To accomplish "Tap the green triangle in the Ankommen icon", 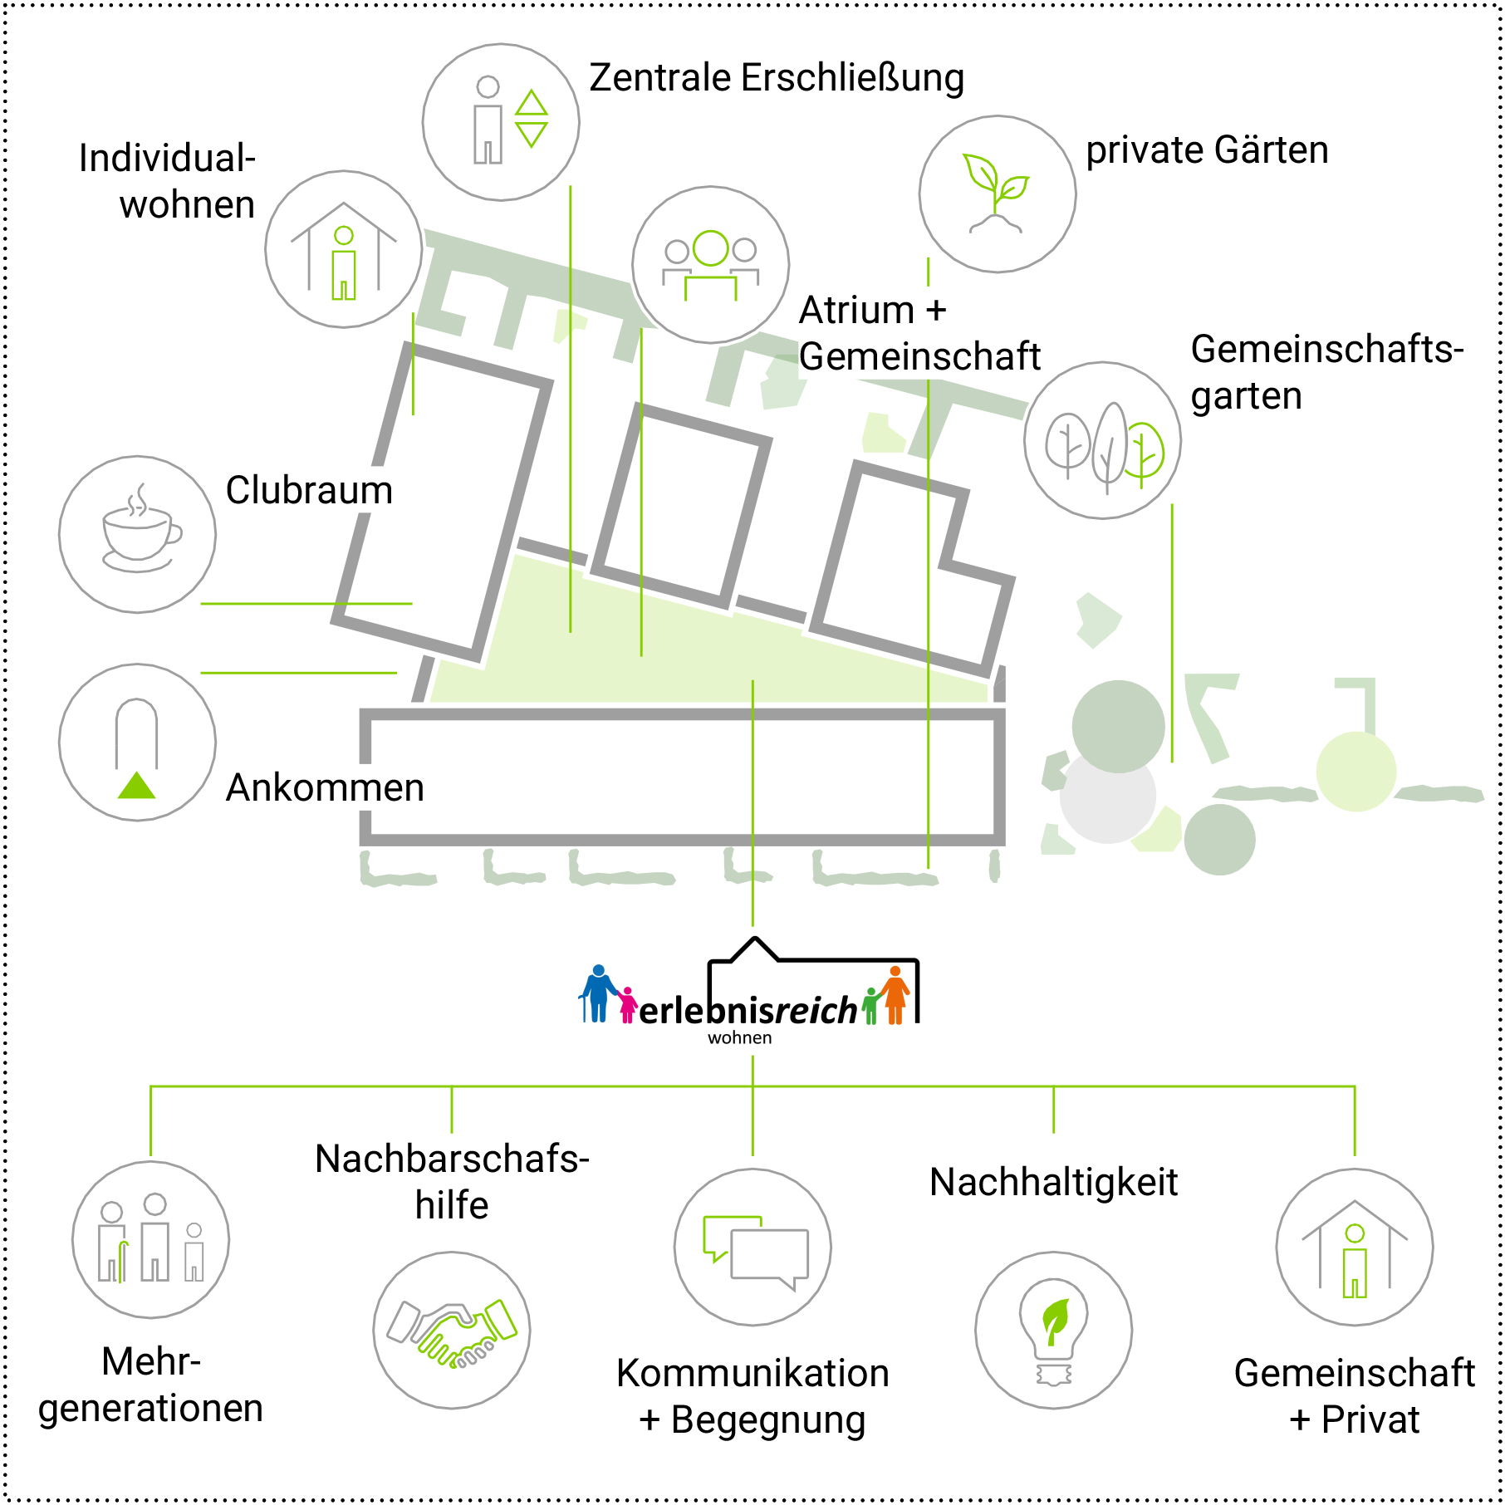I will pos(137,786).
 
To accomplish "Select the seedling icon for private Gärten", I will pos(997,194).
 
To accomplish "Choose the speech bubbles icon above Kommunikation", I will pos(752,1248).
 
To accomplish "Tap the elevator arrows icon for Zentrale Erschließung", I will pos(531,119).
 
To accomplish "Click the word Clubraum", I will pos(309,490).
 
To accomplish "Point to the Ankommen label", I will pos(325,787).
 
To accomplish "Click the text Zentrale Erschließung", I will pos(777,78).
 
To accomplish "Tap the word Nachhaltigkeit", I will pos(1053,1182).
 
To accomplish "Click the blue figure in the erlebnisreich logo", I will pos(597,993).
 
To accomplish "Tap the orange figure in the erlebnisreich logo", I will pos(895,995).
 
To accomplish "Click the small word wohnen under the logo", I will pos(739,1038).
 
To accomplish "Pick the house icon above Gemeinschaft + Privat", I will pos(1354,1248).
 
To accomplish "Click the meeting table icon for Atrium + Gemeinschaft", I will pos(711,264).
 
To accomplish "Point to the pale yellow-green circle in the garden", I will pos(1355,771).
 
